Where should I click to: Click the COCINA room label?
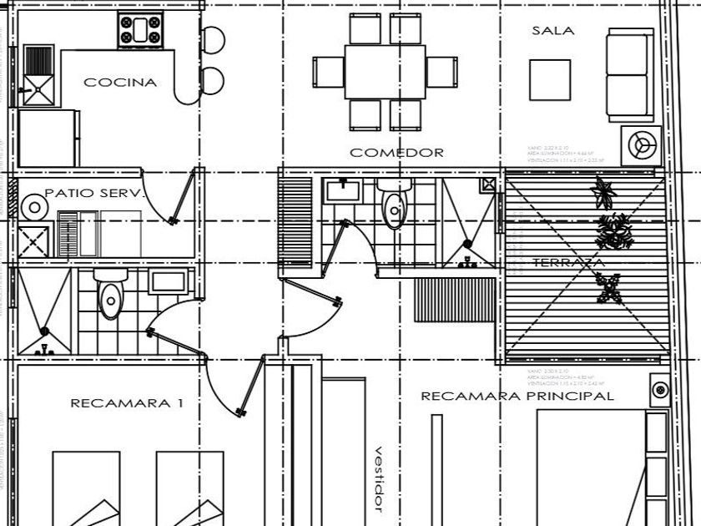click(120, 83)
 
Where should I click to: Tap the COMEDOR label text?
click(396, 153)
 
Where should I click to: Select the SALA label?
click(552, 31)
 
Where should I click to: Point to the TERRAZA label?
click(568, 263)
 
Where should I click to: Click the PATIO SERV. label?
click(94, 193)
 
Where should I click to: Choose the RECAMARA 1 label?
click(126, 403)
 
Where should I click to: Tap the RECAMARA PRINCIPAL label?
click(517, 396)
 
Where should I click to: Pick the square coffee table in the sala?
click(550, 80)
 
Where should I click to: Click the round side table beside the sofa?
click(641, 145)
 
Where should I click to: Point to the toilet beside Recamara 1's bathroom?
click(109, 297)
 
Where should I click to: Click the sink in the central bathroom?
click(341, 190)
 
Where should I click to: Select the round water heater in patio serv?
click(34, 205)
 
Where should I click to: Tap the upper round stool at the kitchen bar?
click(213, 38)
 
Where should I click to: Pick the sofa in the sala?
click(628, 75)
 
